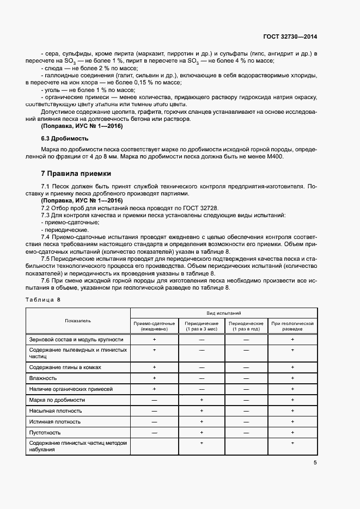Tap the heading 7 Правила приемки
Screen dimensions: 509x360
coord(76,174)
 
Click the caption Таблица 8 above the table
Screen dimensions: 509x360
coord(44,300)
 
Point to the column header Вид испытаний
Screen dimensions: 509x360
coord(224,314)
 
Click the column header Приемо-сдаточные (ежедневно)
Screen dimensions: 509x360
coord(154,326)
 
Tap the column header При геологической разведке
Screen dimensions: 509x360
coord(293,326)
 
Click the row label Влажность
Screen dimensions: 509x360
coord(43,378)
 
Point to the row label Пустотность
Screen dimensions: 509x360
coord(47,433)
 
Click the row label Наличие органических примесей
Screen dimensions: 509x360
coord(70,389)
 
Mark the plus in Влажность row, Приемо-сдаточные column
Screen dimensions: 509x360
coord(154,378)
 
